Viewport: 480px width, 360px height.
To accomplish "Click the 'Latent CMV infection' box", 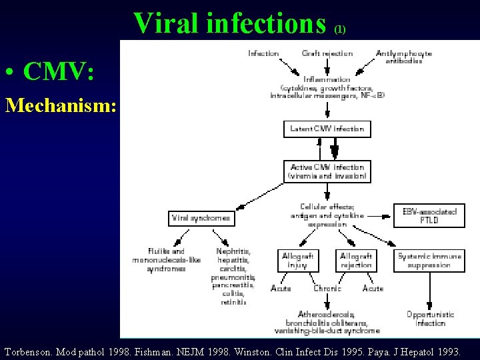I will point(327,129).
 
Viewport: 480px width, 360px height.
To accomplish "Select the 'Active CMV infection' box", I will point(327,171).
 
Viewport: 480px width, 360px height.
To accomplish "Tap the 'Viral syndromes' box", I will point(201,218).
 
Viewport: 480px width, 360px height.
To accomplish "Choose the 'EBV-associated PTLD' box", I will point(429,215).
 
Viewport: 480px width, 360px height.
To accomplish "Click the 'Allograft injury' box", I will point(297,260).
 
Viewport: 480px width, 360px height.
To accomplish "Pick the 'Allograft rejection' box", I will point(355,260).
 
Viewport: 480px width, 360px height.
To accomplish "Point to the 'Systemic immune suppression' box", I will point(429,260).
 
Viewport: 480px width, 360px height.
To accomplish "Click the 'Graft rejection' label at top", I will point(327,53).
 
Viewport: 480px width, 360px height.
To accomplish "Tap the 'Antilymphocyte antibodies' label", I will point(403,57).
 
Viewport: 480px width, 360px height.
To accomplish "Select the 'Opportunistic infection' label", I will point(430,318).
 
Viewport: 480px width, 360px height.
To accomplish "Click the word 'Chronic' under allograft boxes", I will point(327,289).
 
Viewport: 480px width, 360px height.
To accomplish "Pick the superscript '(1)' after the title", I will point(340,29).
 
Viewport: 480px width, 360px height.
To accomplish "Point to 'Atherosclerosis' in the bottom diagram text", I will point(327,314).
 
